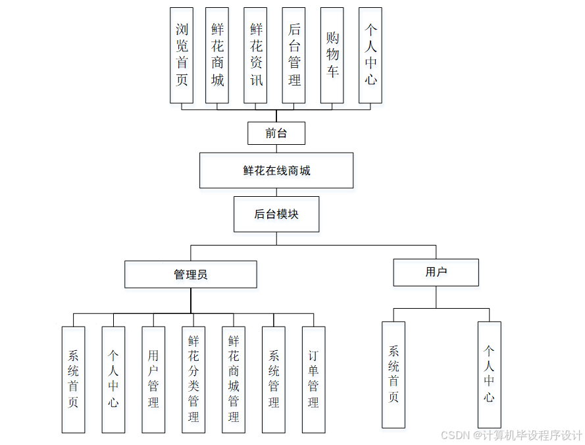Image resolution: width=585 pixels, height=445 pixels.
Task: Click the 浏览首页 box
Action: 182,55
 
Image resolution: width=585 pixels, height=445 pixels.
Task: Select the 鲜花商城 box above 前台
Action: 217,55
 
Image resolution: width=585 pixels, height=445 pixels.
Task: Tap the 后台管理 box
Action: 293,55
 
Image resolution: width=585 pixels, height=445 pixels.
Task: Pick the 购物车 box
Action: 332,55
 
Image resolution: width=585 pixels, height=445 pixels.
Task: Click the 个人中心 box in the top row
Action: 370,55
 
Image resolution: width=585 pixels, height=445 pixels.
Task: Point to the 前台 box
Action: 276,133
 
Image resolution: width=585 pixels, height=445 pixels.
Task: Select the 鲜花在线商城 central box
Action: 276,170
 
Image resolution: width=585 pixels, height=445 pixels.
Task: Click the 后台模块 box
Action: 276,214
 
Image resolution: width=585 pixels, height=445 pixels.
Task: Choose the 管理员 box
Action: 191,275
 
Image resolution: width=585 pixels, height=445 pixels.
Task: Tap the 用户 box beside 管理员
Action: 436,272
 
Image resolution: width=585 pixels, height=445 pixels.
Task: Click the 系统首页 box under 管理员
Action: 73,379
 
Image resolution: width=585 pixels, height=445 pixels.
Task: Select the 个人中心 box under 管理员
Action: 113,379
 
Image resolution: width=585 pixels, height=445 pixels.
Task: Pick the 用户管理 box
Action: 153,379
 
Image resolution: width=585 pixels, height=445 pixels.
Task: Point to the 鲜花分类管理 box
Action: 193,379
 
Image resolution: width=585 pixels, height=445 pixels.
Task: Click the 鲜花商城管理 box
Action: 234,379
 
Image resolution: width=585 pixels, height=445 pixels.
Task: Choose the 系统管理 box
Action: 274,379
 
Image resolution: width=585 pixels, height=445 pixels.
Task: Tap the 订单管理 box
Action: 313,379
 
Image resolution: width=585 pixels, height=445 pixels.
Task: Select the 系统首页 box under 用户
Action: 394,374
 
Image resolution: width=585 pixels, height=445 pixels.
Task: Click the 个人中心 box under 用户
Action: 489,374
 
